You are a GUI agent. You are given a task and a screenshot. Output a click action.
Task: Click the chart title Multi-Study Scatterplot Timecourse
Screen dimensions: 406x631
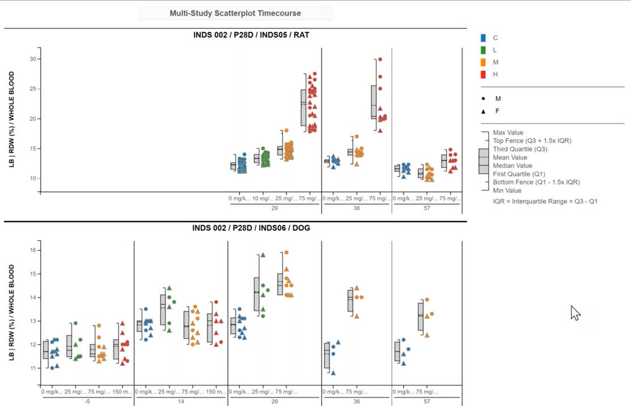(x=235, y=13)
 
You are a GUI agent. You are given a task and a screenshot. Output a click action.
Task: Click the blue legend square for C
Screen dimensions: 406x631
(x=483, y=38)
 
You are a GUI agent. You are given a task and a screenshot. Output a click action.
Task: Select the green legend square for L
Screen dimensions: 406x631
(x=483, y=50)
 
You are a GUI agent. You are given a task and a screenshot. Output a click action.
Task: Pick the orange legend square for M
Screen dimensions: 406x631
(x=483, y=62)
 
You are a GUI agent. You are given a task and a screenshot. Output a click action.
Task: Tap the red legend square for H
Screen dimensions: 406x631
(x=483, y=74)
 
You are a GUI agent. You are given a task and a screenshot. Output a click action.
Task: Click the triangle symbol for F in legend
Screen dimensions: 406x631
(x=483, y=111)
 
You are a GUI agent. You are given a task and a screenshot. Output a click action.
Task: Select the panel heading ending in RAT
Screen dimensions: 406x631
(x=251, y=35)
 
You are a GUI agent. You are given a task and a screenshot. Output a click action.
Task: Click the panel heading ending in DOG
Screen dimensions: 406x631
(x=251, y=228)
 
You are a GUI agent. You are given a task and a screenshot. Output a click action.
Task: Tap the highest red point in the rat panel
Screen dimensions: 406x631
(x=380, y=59)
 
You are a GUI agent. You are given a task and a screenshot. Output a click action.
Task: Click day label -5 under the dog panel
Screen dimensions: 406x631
(x=87, y=401)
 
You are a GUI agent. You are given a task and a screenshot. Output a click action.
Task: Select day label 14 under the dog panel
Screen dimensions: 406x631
(x=180, y=401)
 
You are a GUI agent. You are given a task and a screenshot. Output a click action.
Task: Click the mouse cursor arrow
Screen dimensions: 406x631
(x=575, y=312)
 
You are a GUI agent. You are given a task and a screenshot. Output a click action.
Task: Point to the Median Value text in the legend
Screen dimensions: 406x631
(x=512, y=166)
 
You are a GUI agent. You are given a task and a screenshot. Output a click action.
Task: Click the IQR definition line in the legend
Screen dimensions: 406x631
(x=545, y=201)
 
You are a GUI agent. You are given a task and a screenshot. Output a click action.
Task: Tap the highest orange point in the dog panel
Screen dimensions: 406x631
(x=287, y=253)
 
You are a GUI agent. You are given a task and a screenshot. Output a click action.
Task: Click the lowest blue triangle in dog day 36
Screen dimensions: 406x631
(x=333, y=373)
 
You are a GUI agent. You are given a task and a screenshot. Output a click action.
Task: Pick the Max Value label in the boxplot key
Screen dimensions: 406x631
(x=508, y=133)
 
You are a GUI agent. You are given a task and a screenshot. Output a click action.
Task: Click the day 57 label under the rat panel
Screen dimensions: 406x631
(x=427, y=208)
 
